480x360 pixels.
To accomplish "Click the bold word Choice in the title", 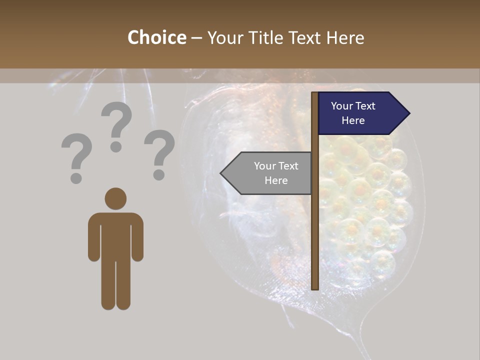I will (x=156, y=37).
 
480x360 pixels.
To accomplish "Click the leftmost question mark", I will (x=76, y=152).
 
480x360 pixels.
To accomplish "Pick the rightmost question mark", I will (x=159, y=150).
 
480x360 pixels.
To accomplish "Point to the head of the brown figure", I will (x=115, y=198).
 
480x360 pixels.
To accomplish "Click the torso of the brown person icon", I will (x=115, y=235).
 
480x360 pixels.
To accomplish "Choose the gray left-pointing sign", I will (x=270, y=173).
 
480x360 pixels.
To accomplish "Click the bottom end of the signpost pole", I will (x=315, y=287).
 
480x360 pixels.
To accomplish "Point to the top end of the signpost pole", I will (x=315, y=94).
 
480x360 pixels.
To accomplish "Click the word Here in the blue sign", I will (x=353, y=120).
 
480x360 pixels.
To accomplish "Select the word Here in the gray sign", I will (x=276, y=180).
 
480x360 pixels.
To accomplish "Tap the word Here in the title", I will (x=345, y=37).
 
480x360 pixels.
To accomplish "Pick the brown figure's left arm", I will (x=93, y=237).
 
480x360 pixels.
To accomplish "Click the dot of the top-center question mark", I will (x=116, y=147).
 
